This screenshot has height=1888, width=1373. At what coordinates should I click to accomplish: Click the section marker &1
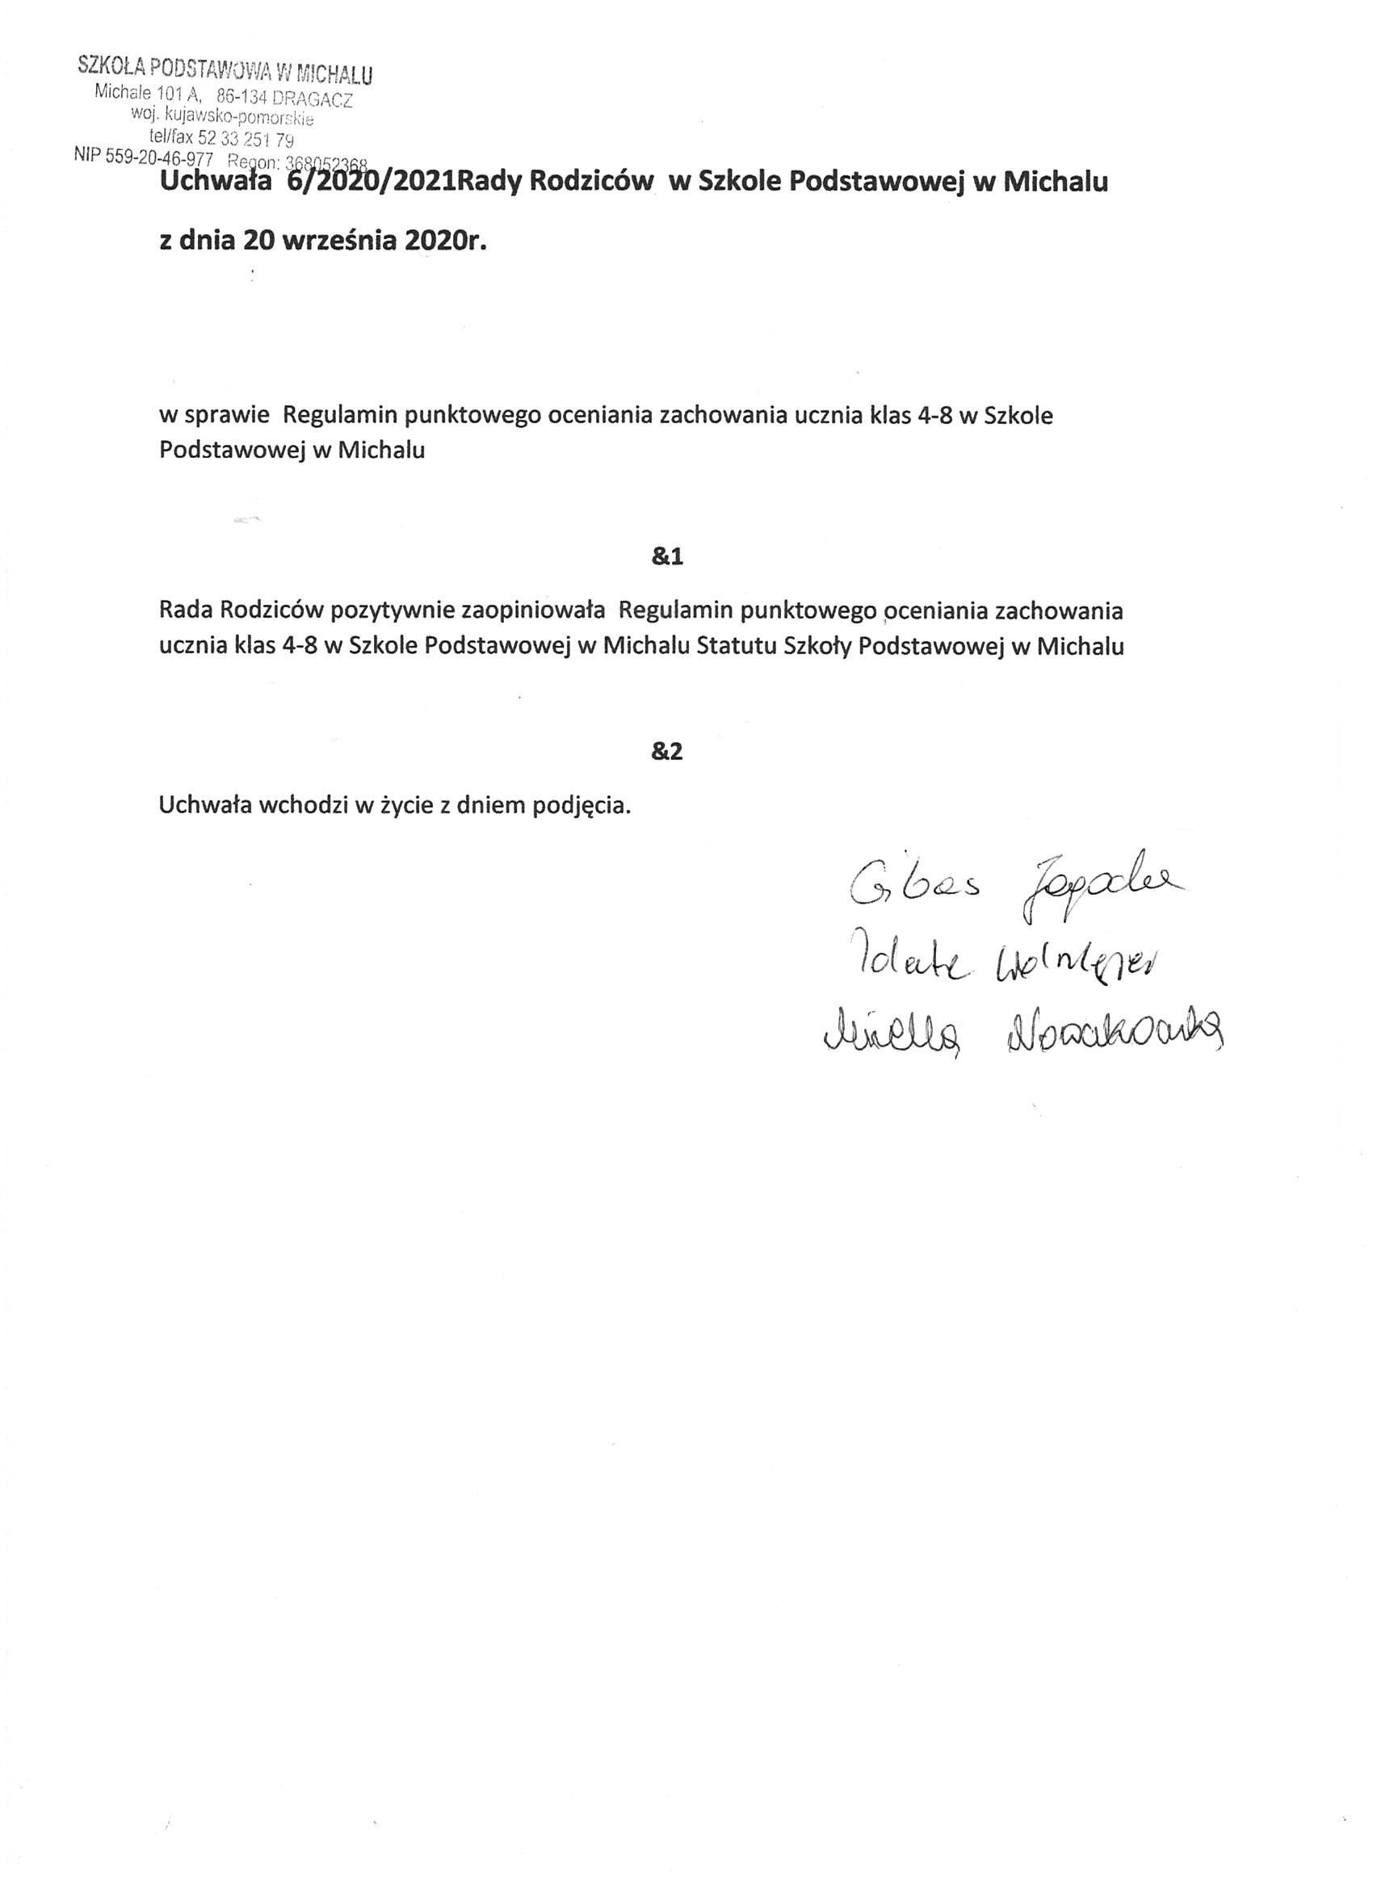[x=667, y=557]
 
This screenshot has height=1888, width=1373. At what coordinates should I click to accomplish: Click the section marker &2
[x=667, y=752]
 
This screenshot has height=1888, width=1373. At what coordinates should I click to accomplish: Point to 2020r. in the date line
[x=445, y=241]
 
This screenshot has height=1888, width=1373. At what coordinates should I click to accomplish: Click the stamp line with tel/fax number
[x=221, y=138]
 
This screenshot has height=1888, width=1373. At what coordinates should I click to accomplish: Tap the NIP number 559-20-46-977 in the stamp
[x=159, y=157]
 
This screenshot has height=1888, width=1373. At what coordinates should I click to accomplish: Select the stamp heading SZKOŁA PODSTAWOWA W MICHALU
[x=225, y=70]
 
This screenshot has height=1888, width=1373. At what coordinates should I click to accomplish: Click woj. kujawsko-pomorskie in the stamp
[x=222, y=117]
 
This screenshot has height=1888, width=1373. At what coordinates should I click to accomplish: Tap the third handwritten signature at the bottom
[x=1022, y=1031]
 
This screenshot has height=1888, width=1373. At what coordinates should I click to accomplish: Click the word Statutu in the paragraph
[x=732, y=647]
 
